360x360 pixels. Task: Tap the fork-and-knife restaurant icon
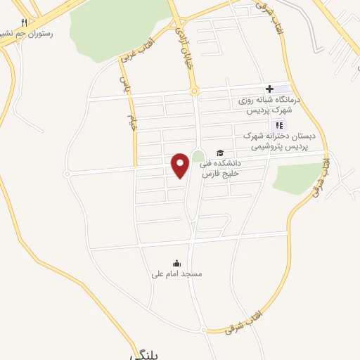(24, 22)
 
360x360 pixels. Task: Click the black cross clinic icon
(269, 89)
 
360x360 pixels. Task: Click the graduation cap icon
(220, 153)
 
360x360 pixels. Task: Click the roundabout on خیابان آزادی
(194, 91)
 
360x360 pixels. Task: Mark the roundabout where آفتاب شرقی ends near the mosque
(204, 330)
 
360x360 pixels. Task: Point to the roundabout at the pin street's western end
(67, 174)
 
